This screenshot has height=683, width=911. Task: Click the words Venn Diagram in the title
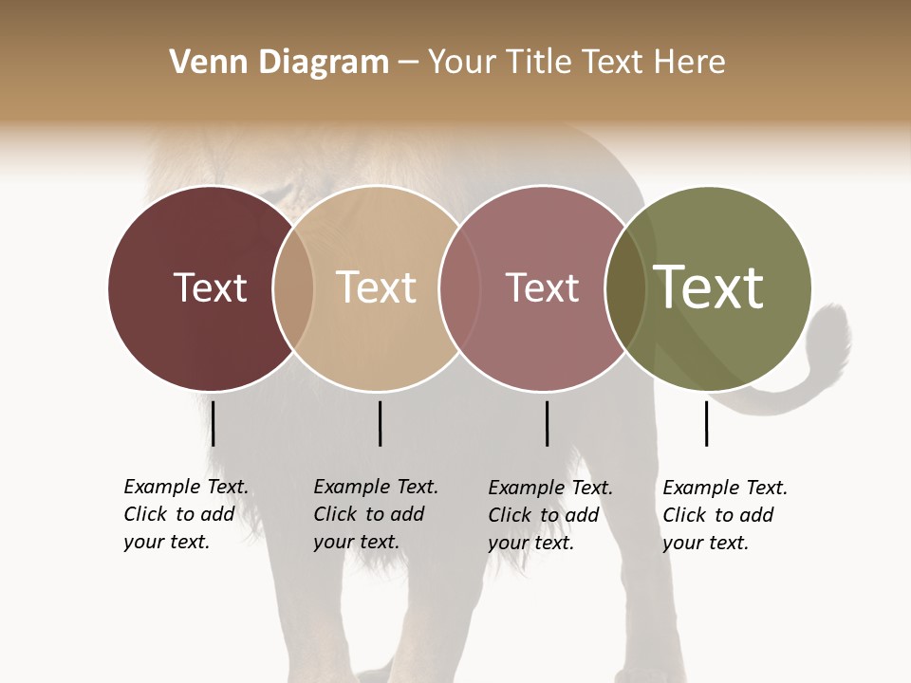279,63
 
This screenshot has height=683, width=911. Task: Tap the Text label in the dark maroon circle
210,287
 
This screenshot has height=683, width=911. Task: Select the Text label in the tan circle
376,287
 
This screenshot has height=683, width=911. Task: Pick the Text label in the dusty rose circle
542,287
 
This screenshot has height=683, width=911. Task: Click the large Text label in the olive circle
709,287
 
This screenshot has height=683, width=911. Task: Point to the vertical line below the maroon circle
213,423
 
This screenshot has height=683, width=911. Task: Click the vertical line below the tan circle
380,423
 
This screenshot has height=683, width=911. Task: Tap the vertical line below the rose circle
547,423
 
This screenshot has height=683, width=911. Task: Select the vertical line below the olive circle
706,423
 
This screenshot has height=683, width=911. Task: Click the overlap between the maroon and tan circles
293,287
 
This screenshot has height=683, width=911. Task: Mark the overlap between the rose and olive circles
625,287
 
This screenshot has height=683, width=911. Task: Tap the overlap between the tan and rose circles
459,287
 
